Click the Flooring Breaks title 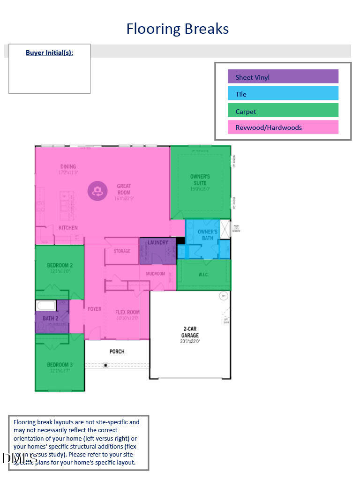tap(177, 29)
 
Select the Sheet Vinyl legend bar tap(283, 77)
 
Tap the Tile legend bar tap(283, 94)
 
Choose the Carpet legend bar tap(283, 111)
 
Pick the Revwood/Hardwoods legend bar tap(283, 127)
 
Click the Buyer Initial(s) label tap(49, 52)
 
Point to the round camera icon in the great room tap(97, 191)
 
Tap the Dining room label tap(68, 167)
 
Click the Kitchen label tap(68, 228)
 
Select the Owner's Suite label tap(200, 180)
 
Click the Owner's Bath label tap(207, 235)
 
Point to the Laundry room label tap(157, 242)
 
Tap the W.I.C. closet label tap(203, 274)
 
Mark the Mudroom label tap(156, 273)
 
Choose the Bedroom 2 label tap(60, 265)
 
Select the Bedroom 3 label tap(60, 365)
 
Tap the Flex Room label tap(127, 312)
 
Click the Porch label tap(117, 351)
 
